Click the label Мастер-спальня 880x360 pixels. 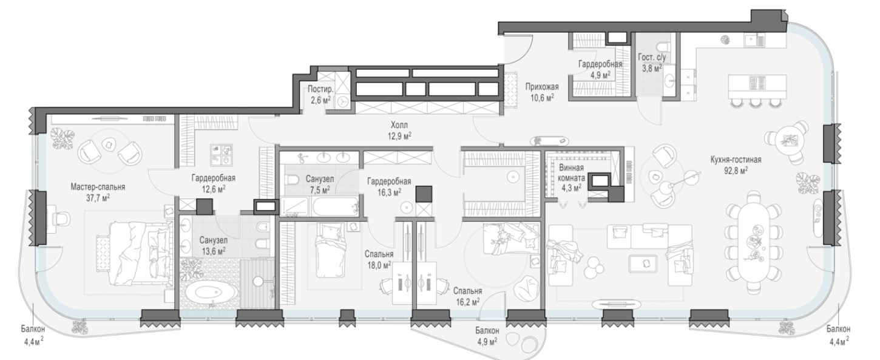pos(98,187)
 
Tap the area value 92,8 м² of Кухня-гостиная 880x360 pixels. pos(736,170)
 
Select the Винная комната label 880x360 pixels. pos(571,173)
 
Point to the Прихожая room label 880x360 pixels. pos(542,87)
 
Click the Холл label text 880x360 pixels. pos(399,125)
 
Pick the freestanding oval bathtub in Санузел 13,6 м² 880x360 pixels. pos(211,293)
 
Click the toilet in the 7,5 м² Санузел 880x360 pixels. pos(292,180)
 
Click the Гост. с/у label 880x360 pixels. pos(652,57)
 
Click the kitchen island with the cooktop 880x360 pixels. pos(757,86)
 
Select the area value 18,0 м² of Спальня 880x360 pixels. pos(379,265)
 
